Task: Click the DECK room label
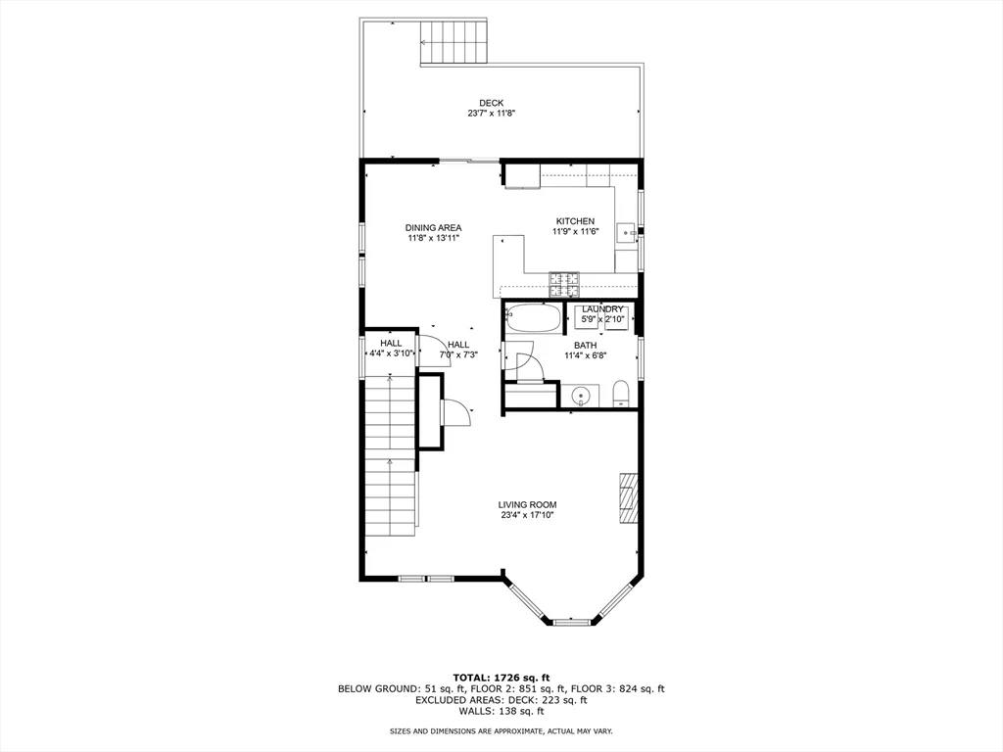(491, 103)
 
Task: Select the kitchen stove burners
(563, 285)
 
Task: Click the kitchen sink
(624, 232)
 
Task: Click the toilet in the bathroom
(620, 396)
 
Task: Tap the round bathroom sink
(582, 397)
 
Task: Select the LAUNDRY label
(602, 309)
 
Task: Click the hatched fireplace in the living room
(628, 500)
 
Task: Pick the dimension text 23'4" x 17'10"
(529, 515)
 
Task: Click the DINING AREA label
(433, 228)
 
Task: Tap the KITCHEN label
(575, 221)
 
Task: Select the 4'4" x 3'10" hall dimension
(391, 353)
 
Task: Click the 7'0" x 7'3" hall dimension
(457, 354)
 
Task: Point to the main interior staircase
(390, 460)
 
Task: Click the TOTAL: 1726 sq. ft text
(501, 678)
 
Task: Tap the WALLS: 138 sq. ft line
(501, 712)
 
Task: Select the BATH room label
(585, 346)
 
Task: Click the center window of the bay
(572, 622)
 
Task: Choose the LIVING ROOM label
(529, 504)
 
